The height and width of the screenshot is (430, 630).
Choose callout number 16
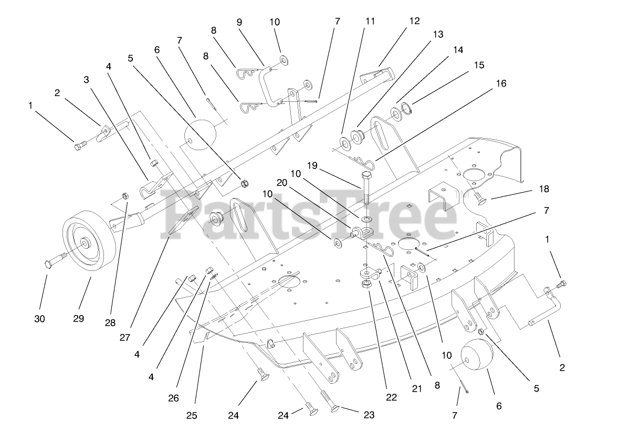[x=501, y=83]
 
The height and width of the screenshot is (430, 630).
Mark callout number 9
[x=239, y=22]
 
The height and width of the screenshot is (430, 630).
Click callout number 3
[x=87, y=79]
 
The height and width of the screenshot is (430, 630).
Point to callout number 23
[x=369, y=415]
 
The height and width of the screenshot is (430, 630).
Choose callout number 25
[x=192, y=416]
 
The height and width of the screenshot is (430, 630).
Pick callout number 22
[x=392, y=397]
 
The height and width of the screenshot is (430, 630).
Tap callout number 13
[x=438, y=35]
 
